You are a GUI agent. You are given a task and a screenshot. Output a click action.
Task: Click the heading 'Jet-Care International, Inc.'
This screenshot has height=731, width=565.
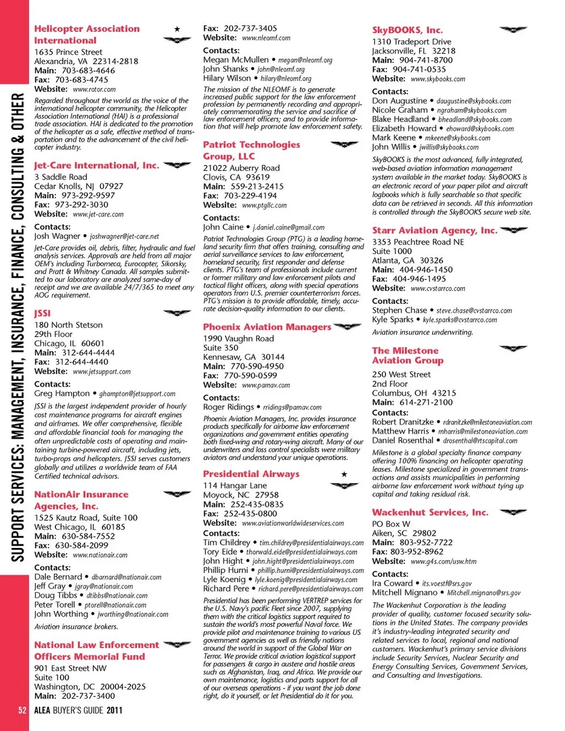click(x=97, y=166)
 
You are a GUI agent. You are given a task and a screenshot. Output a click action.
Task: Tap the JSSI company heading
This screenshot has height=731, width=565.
click(x=42, y=313)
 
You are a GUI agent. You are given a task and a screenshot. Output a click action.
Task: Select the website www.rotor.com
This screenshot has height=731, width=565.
click(x=94, y=89)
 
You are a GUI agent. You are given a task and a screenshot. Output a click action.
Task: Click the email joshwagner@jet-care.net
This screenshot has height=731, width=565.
click(x=124, y=236)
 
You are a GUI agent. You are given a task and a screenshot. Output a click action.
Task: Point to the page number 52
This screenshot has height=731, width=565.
click(x=22, y=710)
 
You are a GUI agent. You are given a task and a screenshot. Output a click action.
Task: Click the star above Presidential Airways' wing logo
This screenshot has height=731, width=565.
click(x=344, y=474)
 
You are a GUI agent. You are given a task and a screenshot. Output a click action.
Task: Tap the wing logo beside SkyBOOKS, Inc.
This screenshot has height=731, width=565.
click(x=513, y=29)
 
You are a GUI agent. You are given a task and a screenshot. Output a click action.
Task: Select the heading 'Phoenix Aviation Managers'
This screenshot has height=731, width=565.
click(x=267, y=327)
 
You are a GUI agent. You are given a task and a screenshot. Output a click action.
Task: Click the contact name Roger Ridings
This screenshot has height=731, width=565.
click(x=228, y=407)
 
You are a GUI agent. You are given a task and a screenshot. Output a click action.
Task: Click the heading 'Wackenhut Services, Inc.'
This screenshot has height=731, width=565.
click(x=430, y=513)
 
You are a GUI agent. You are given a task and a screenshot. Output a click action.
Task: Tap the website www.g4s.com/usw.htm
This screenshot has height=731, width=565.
click(x=444, y=562)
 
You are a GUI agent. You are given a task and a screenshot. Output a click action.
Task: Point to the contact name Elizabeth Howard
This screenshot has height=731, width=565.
click(x=404, y=128)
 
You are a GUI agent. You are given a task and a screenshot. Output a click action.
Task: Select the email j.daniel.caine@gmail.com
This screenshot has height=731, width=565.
click(x=288, y=228)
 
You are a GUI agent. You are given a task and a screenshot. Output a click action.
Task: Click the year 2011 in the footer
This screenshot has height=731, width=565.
click(x=114, y=710)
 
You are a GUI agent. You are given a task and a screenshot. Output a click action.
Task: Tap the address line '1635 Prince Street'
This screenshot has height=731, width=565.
click(x=68, y=52)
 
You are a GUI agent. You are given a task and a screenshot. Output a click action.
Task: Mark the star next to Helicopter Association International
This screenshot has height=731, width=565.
click(x=177, y=29)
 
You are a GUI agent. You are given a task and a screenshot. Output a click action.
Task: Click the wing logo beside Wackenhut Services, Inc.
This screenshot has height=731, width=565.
click(x=513, y=512)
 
